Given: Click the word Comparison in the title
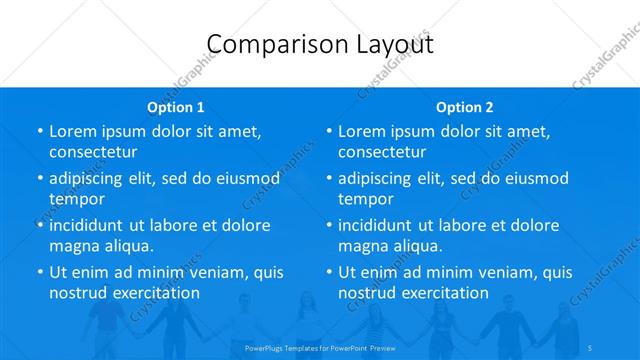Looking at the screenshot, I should pos(267,44).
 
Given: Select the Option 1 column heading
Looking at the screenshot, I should pos(176,107).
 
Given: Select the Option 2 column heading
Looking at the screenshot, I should pos(465,107).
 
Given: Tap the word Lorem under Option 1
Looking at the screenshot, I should pos(72,131).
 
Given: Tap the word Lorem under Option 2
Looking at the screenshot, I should pos(361,131).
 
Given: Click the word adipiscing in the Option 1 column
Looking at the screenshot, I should pos(92,178).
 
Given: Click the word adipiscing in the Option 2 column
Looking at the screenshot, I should pos(381,178).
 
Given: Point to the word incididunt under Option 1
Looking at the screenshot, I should pos(92,225).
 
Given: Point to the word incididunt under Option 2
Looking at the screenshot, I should pos(381,225).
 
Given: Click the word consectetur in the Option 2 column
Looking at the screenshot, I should pos(382,152).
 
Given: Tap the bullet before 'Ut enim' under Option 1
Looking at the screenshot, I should pos(39,272).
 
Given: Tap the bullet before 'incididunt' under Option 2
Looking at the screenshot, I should pos(328,225).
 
